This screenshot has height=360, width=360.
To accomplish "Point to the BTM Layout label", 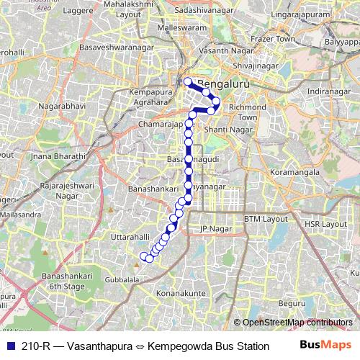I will pyautogui.click(x=261, y=219).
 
